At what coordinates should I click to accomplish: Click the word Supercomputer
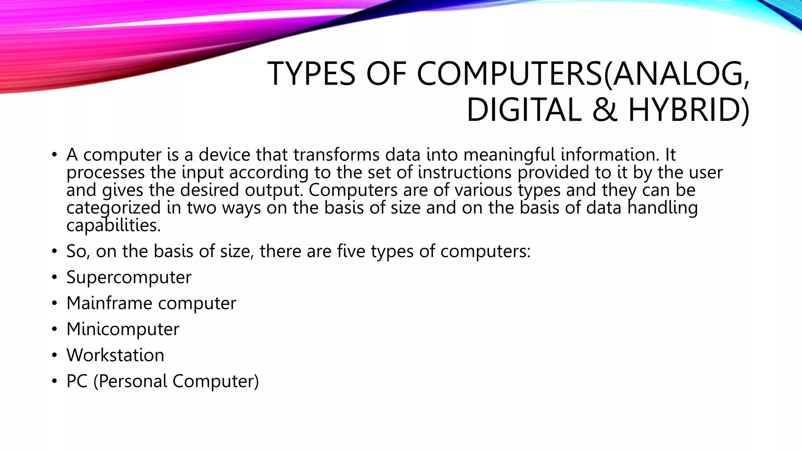tap(129, 278)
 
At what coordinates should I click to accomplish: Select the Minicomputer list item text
tap(123, 329)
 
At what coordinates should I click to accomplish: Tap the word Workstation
tap(115, 355)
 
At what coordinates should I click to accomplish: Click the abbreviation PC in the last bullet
tap(77, 381)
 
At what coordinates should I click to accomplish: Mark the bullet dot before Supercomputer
tap(54, 278)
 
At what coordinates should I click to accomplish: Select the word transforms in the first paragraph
tap(336, 155)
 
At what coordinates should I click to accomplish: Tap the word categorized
tap(114, 207)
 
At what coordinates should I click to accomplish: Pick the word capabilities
tap(113, 225)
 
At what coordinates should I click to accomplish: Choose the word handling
tap(663, 207)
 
